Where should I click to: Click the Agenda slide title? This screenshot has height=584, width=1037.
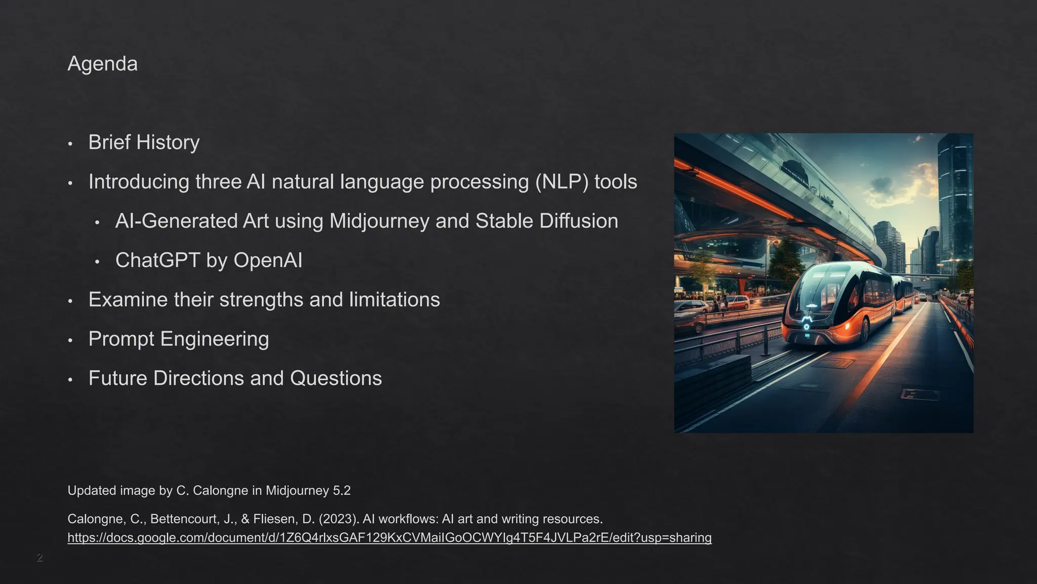pos(102,64)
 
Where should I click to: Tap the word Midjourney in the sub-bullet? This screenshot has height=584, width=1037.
pos(379,222)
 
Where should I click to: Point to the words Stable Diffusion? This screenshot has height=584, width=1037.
pos(547,222)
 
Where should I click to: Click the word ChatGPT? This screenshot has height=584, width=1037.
pos(157,261)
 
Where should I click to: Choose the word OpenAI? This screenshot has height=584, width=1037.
pos(268,261)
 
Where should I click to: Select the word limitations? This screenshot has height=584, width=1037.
pos(394,300)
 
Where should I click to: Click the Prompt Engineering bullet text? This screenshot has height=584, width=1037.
pos(179,339)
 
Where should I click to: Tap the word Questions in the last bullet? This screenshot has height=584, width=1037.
pos(336,379)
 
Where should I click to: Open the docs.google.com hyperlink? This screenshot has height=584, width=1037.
pos(389,538)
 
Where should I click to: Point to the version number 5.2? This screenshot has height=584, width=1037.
pos(342,491)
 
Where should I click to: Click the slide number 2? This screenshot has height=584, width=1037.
pos(39,558)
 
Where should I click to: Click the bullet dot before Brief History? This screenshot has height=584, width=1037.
pos(70,144)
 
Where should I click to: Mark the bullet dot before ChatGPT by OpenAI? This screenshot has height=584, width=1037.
pos(97,262)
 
